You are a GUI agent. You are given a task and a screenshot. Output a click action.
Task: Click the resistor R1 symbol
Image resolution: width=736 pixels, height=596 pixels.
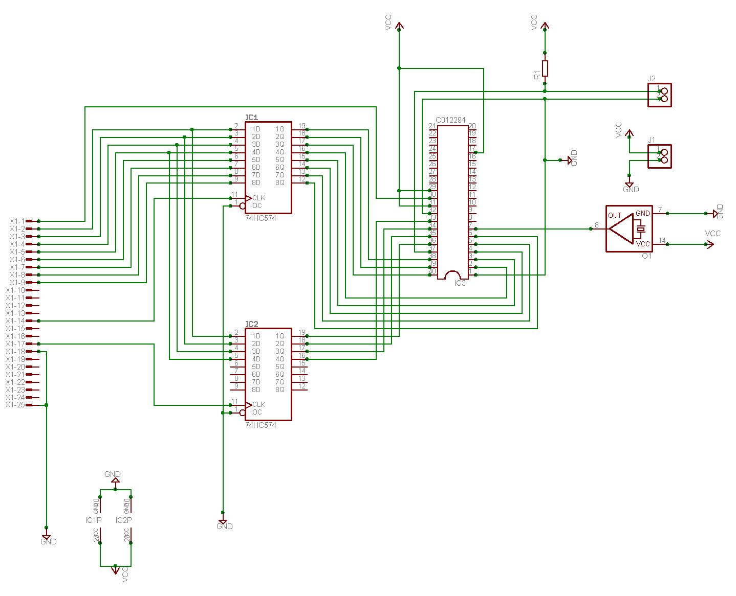[x=545, y=68]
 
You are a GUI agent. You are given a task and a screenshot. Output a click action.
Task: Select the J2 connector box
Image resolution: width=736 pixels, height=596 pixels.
[x=659, y=95]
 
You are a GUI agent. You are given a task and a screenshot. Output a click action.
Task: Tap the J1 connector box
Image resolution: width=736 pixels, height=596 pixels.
[x=659, y=156]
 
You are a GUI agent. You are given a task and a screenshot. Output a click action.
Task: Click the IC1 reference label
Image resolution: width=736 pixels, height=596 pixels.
[x=252, y=118]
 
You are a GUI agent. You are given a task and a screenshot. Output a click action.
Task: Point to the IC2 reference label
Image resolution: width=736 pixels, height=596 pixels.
[x=252, y=324]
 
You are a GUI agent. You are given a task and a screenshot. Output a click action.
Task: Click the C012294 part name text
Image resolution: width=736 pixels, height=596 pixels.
[x=450, y=120]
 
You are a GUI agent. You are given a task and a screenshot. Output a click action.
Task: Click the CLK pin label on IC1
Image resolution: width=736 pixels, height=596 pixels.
[x=259, y=198]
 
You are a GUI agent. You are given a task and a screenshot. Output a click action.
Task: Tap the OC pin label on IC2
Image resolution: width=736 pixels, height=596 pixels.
[x=257, y=412]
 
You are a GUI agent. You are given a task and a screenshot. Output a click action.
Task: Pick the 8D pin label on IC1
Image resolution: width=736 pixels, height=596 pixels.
[x=256, y=182]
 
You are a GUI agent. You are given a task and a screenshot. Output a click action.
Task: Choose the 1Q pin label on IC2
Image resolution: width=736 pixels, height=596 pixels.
[x=280, y=336]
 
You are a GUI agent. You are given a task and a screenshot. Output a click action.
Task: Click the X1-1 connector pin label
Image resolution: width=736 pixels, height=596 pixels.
[x=17, y=221]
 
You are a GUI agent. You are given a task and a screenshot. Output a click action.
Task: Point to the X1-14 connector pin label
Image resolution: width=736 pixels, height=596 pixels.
[x=15, y=321]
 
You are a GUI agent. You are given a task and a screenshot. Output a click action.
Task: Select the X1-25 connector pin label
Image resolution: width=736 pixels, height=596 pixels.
[x=15, y=405]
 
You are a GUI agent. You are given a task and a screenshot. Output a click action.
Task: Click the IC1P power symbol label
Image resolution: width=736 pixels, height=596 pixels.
[x=93, y=520]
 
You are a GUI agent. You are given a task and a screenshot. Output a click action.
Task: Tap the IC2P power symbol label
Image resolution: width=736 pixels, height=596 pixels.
[x=123, y=520]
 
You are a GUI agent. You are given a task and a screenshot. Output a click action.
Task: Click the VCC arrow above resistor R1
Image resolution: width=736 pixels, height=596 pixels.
[x=545, y=26]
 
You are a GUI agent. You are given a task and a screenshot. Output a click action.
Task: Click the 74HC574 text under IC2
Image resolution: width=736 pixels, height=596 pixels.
[x=261, y=425]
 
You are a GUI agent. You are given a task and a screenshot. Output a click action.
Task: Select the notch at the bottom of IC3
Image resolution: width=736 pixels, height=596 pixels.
[x=452, y=276]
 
